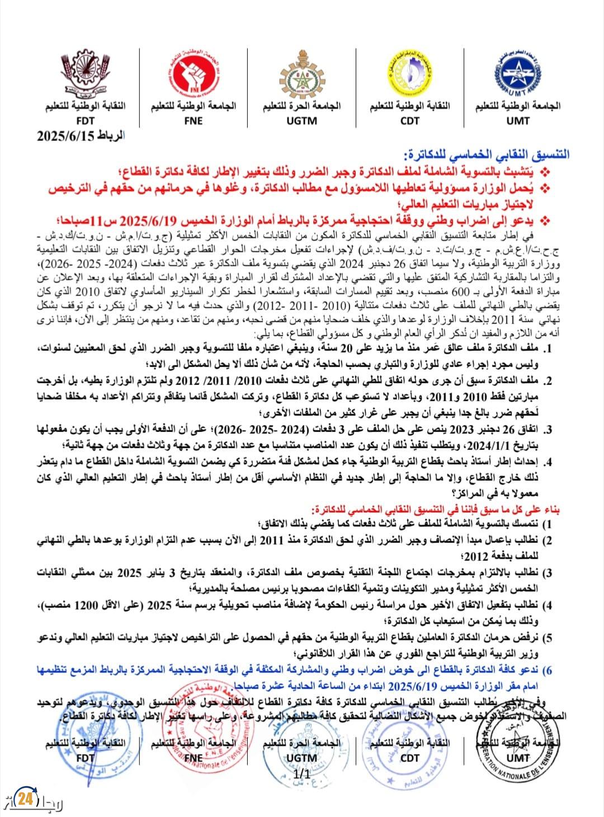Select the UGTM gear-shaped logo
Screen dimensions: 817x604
click(301, 76)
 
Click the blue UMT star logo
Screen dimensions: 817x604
click(517, 76)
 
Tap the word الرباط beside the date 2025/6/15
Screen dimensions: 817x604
click(110, 137)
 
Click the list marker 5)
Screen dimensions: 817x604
click(548, 638)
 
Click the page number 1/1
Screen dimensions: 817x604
click(302, 774)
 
